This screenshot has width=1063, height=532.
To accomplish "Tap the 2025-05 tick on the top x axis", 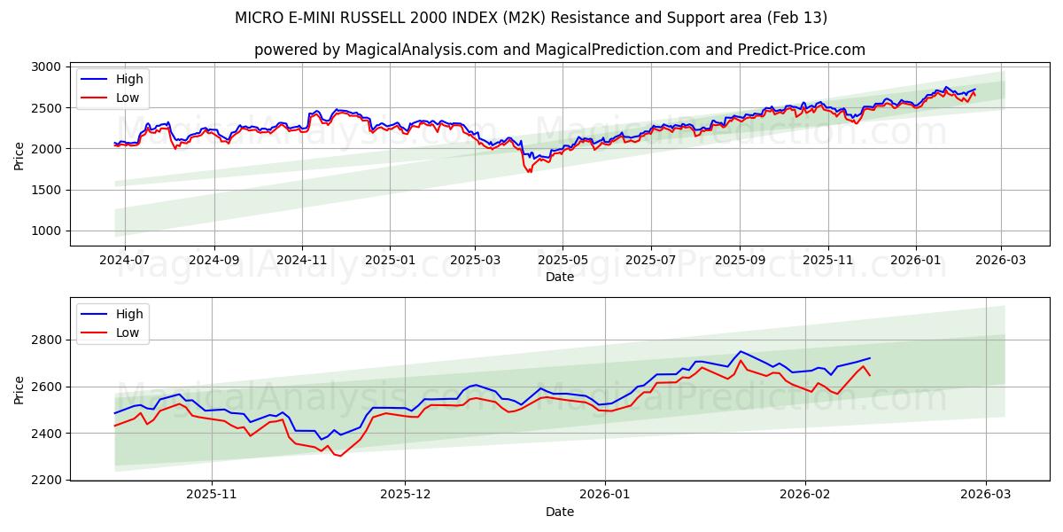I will [563, 260].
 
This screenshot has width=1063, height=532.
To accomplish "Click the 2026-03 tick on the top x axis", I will [1001, 260].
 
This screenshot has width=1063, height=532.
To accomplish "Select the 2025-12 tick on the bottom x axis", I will [405, 495].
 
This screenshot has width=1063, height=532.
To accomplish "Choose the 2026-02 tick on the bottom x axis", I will [805, 495].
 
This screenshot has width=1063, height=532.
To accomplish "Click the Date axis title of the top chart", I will [559, 277].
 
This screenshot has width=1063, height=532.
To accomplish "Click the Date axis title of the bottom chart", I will [559, 512].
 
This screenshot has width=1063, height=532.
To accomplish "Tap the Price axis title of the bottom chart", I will [19, 389].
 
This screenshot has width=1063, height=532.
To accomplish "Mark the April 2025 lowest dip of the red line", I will [529, 171].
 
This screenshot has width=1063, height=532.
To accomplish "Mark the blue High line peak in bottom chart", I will [741, 351].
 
